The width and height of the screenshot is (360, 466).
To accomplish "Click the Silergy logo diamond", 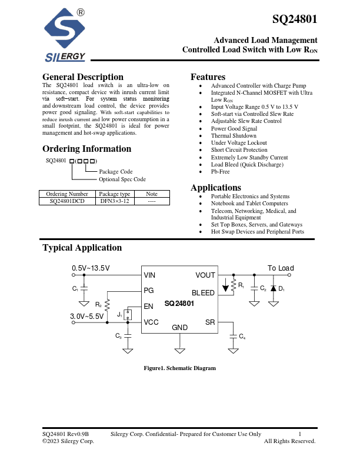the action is pos(65,28).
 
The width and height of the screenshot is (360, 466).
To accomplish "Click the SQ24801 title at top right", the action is pos(295,19).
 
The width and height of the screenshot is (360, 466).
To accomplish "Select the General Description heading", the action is pos(83,77).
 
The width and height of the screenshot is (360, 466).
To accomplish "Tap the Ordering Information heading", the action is pos(86,149).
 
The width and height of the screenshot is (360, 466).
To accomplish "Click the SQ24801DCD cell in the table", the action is pos(67,201).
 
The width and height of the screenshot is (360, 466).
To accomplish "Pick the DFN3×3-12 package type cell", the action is pos(115,201).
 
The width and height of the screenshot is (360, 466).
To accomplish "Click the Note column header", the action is pos(152,194).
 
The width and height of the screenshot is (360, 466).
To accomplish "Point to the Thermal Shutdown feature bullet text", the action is pos(234,135).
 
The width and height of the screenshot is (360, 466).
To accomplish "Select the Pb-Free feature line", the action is pos(221,171).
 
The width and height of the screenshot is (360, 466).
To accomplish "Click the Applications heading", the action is pos(216,188).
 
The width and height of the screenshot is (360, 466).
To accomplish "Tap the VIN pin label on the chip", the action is pos(149,275).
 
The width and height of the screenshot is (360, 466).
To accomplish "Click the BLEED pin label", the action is pos(203,293).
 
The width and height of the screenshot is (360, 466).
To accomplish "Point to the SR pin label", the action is pos(210,322).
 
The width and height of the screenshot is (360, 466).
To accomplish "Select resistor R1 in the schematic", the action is pos(234,286).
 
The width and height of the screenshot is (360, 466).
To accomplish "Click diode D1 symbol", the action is pos(274,288).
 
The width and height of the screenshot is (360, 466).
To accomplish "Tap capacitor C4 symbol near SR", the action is pos(234,337).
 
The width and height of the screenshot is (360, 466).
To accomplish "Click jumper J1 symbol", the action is pos(128,314).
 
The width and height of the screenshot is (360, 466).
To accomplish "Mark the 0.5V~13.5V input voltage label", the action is pos(91,268).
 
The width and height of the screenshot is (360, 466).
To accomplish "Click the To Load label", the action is pos(281,268).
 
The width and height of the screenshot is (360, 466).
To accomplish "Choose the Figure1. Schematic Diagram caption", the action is pos(179,368).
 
